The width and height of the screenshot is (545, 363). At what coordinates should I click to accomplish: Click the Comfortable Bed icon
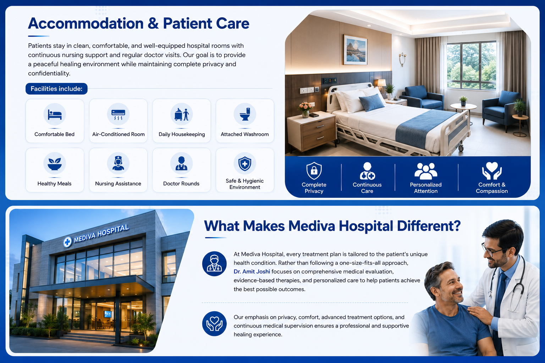[55, 114]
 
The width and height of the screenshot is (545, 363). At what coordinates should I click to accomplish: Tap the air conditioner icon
[118, 115]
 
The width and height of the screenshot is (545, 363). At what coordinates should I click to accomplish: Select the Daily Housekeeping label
[182, 134]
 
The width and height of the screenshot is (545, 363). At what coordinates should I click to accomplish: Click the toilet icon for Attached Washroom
[245, 114]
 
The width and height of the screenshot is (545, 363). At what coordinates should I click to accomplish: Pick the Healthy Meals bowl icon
[55, 164]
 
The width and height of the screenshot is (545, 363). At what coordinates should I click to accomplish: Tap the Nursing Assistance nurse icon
[118, 163]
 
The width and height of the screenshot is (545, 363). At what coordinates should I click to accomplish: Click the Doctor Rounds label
[181, 184]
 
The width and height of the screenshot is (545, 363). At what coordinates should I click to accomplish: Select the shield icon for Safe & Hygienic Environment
[245, 164]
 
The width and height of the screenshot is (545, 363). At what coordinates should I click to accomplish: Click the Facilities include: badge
[56, 89]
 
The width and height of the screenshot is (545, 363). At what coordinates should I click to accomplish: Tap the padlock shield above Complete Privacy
[314, 171]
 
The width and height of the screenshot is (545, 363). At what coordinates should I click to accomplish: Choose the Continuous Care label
[367, 188]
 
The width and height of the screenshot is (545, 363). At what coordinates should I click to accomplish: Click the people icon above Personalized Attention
[426, 171]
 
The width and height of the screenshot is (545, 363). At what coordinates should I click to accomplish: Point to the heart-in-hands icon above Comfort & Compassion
[492, 171]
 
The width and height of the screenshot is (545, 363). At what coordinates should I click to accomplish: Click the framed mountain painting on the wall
[355, 50]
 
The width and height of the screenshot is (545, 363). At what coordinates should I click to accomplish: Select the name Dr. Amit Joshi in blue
[252, 272]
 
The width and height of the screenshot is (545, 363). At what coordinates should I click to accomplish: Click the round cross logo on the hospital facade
[68, 242]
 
